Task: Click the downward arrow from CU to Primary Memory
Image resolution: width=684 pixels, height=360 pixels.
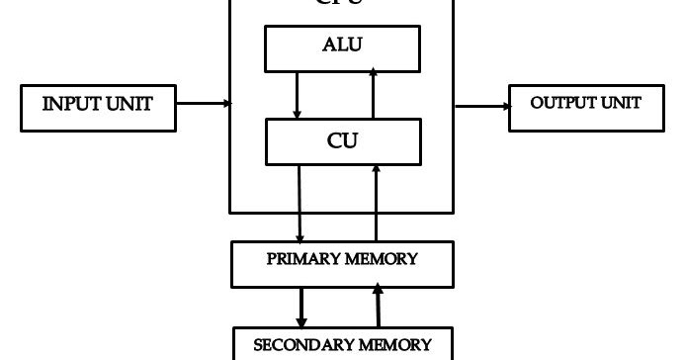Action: click(299, 203)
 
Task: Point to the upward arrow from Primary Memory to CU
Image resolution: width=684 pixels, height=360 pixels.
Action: click(375, 203)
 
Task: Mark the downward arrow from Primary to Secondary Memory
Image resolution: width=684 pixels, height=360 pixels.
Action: click(301, 306)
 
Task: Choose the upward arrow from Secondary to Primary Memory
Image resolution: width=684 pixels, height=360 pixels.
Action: click(377, 306)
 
